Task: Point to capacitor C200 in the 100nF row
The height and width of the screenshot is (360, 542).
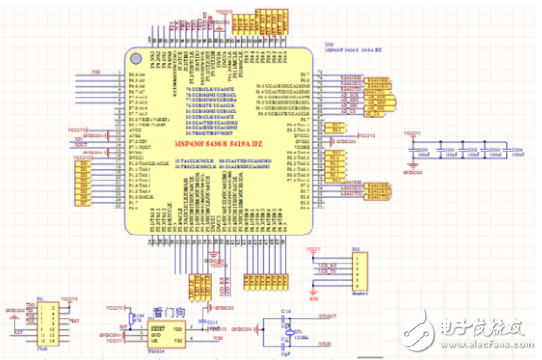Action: pos(421,152)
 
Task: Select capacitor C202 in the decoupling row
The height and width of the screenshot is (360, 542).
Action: pos(469,152)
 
